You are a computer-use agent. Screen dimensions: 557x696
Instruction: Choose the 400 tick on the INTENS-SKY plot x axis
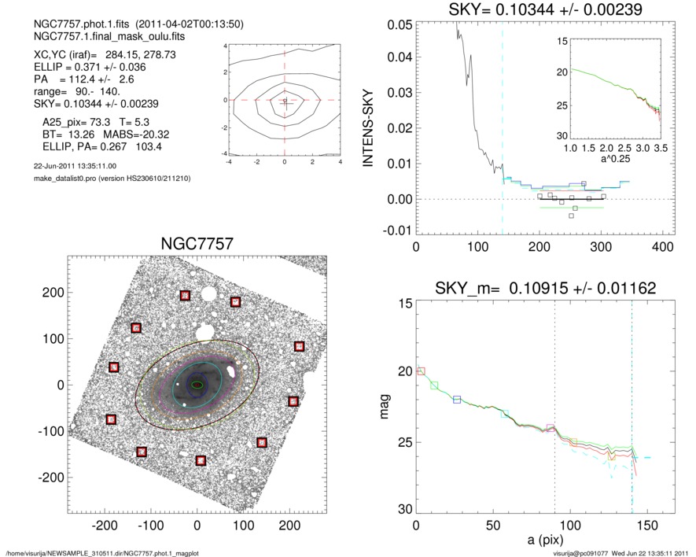click(x=662, y=246)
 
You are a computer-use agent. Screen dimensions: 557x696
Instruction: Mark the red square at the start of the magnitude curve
click(x=421, y=371)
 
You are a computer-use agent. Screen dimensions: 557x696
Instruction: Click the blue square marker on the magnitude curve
click(x=457, y=400)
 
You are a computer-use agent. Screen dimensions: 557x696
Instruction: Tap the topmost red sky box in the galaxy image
click(x=185, y=296)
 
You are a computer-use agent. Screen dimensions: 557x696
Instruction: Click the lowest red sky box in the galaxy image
click(x=201, y=460)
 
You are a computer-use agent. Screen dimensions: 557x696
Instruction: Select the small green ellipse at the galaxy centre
click(x=197, y=385)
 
